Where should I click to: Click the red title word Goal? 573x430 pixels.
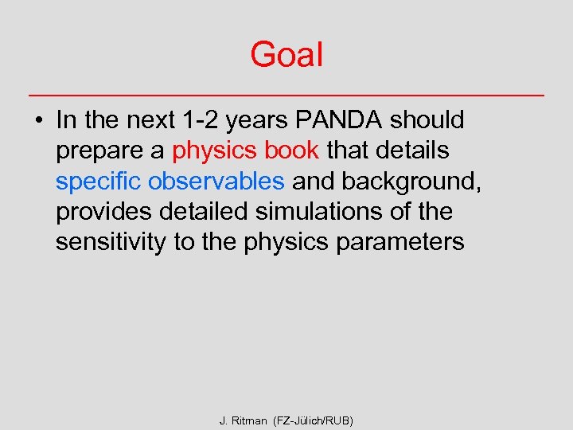(286, 55)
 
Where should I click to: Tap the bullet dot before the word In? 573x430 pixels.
(37, 121)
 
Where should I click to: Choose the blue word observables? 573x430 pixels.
(216, 181)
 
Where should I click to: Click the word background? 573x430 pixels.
(412, 182)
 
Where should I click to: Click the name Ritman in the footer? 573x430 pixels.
(251, 420)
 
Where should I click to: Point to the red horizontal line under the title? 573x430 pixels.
(286, 96)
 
